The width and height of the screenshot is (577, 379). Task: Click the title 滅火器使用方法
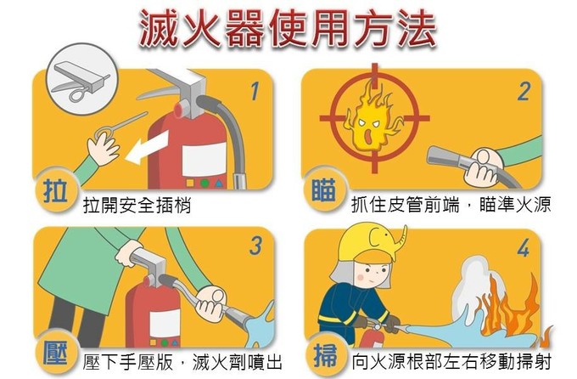pyautogui.click(x=288, y=28)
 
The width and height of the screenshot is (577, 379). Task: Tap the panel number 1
pyautogui.click(x=255, y=91)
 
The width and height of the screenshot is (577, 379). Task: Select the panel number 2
pyautogui.click(x=524, y=92)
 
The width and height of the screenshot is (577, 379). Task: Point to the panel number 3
pyautogui.click(x=255, y=246)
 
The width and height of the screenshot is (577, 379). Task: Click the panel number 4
pyautogui.click(x=524, y=247)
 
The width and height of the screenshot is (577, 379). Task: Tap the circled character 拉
pyautogui.click(x=55, y=191)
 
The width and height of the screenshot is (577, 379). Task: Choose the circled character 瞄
pyautogui.click(x=323, y=189)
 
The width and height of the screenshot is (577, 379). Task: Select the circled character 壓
pyautogui.click(x=55, y=353)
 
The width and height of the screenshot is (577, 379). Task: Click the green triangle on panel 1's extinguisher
pyautogui.click(x=219, y=184)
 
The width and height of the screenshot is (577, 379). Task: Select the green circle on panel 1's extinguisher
pyautogui.click(x=204, y=184)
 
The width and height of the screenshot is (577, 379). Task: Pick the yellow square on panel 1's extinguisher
pyautogui.click(x=190, y=183)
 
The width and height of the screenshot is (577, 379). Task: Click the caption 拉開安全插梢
pyautogui.click(x=137, y=205)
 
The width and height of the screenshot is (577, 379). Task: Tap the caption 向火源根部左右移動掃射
pyautogui.click(x=451, y=362)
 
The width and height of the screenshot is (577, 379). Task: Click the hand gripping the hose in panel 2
pyautogui.click(x=482, y=167)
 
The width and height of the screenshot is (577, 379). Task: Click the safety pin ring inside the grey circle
pyautogui.click(x=76, y=95)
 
